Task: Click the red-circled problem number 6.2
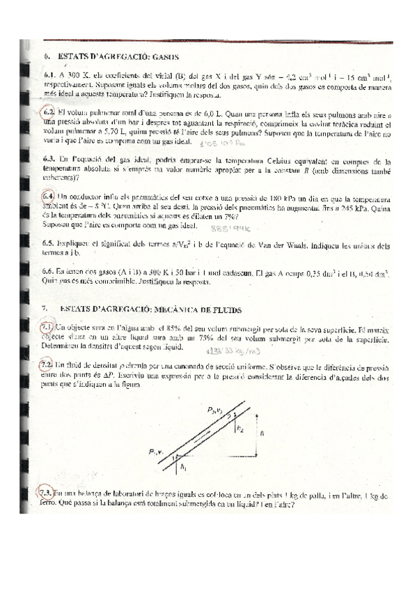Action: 49,112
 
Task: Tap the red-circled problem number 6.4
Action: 49,197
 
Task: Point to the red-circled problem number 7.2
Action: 49,364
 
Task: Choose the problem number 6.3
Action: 49,159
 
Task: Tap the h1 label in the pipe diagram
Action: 182,467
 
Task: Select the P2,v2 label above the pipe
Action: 224,410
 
